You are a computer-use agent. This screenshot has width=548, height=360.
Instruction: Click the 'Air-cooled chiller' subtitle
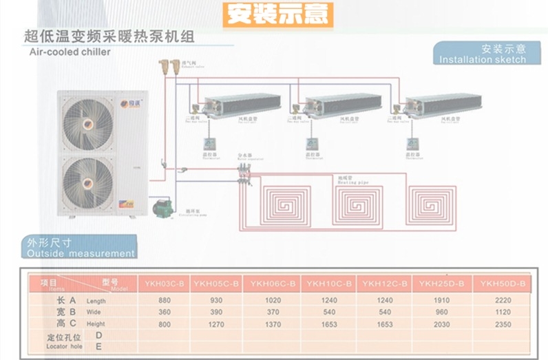69,52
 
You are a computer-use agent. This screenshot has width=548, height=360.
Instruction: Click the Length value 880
164,301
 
